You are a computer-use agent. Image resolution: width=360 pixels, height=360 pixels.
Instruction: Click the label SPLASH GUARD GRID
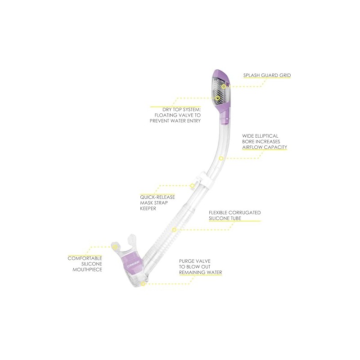tap(267, 76)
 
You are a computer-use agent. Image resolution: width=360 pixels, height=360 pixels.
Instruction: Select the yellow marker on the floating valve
tap(218, 98)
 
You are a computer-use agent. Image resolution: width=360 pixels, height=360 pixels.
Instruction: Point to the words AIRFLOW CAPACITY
tap(265, 147)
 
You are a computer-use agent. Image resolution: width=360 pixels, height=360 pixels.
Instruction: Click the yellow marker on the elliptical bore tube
tap(221, 158)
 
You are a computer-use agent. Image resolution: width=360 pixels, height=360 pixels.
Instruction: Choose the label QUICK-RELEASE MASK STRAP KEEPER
tap(157, 203)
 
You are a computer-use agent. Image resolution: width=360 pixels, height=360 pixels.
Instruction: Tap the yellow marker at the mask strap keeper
tap(192, 185)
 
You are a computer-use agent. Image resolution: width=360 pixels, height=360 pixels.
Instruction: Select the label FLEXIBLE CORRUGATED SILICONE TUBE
tap(235, 215)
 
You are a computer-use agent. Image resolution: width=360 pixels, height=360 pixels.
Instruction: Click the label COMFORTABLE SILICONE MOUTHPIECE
tap(85, 264)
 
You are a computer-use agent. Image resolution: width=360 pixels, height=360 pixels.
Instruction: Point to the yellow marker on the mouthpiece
tap(115, 247)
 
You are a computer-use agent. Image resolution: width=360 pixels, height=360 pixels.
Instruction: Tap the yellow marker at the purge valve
tap(143, 284)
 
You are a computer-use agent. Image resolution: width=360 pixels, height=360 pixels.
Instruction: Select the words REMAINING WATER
tap(200, 272)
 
